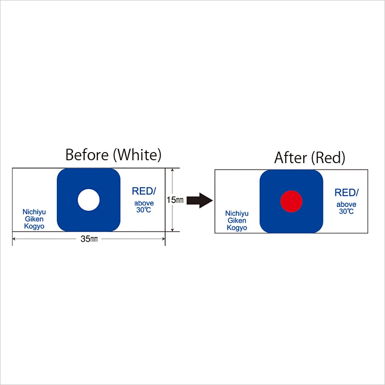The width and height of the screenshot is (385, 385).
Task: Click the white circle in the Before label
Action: pos(89,200)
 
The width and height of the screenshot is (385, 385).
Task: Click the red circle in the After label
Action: pos(292,201)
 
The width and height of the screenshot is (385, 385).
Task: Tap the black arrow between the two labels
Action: pos(200,200)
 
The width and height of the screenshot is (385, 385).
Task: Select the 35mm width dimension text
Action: pos(89,239)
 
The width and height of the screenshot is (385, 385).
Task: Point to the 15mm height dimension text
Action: pos(175,200)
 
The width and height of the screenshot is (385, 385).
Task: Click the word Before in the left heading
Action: pos(87,155)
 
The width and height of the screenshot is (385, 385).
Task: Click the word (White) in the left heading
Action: pos(137,155)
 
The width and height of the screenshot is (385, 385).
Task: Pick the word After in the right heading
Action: pos(291,158)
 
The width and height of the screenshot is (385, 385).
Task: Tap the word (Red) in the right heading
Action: pos(328,158)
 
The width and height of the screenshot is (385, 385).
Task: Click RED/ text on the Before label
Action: pos(144,191)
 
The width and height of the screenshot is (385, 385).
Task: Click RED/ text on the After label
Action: pos(346,192)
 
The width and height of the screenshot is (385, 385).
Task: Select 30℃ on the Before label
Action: pos(143,210)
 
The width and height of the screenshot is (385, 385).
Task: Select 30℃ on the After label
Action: pos(346,211)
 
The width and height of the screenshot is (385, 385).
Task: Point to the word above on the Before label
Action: pos(144,203)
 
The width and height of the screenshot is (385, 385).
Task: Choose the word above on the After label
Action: pos(346,205)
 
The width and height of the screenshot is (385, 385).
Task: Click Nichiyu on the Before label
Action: pos(34,212)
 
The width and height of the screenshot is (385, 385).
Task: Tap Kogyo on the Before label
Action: pos(34,226)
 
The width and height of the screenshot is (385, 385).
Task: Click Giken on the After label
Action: pos(237,220)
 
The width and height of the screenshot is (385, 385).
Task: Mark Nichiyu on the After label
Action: pos(237,213)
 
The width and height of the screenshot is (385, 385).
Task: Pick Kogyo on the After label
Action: pos(237,228)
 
